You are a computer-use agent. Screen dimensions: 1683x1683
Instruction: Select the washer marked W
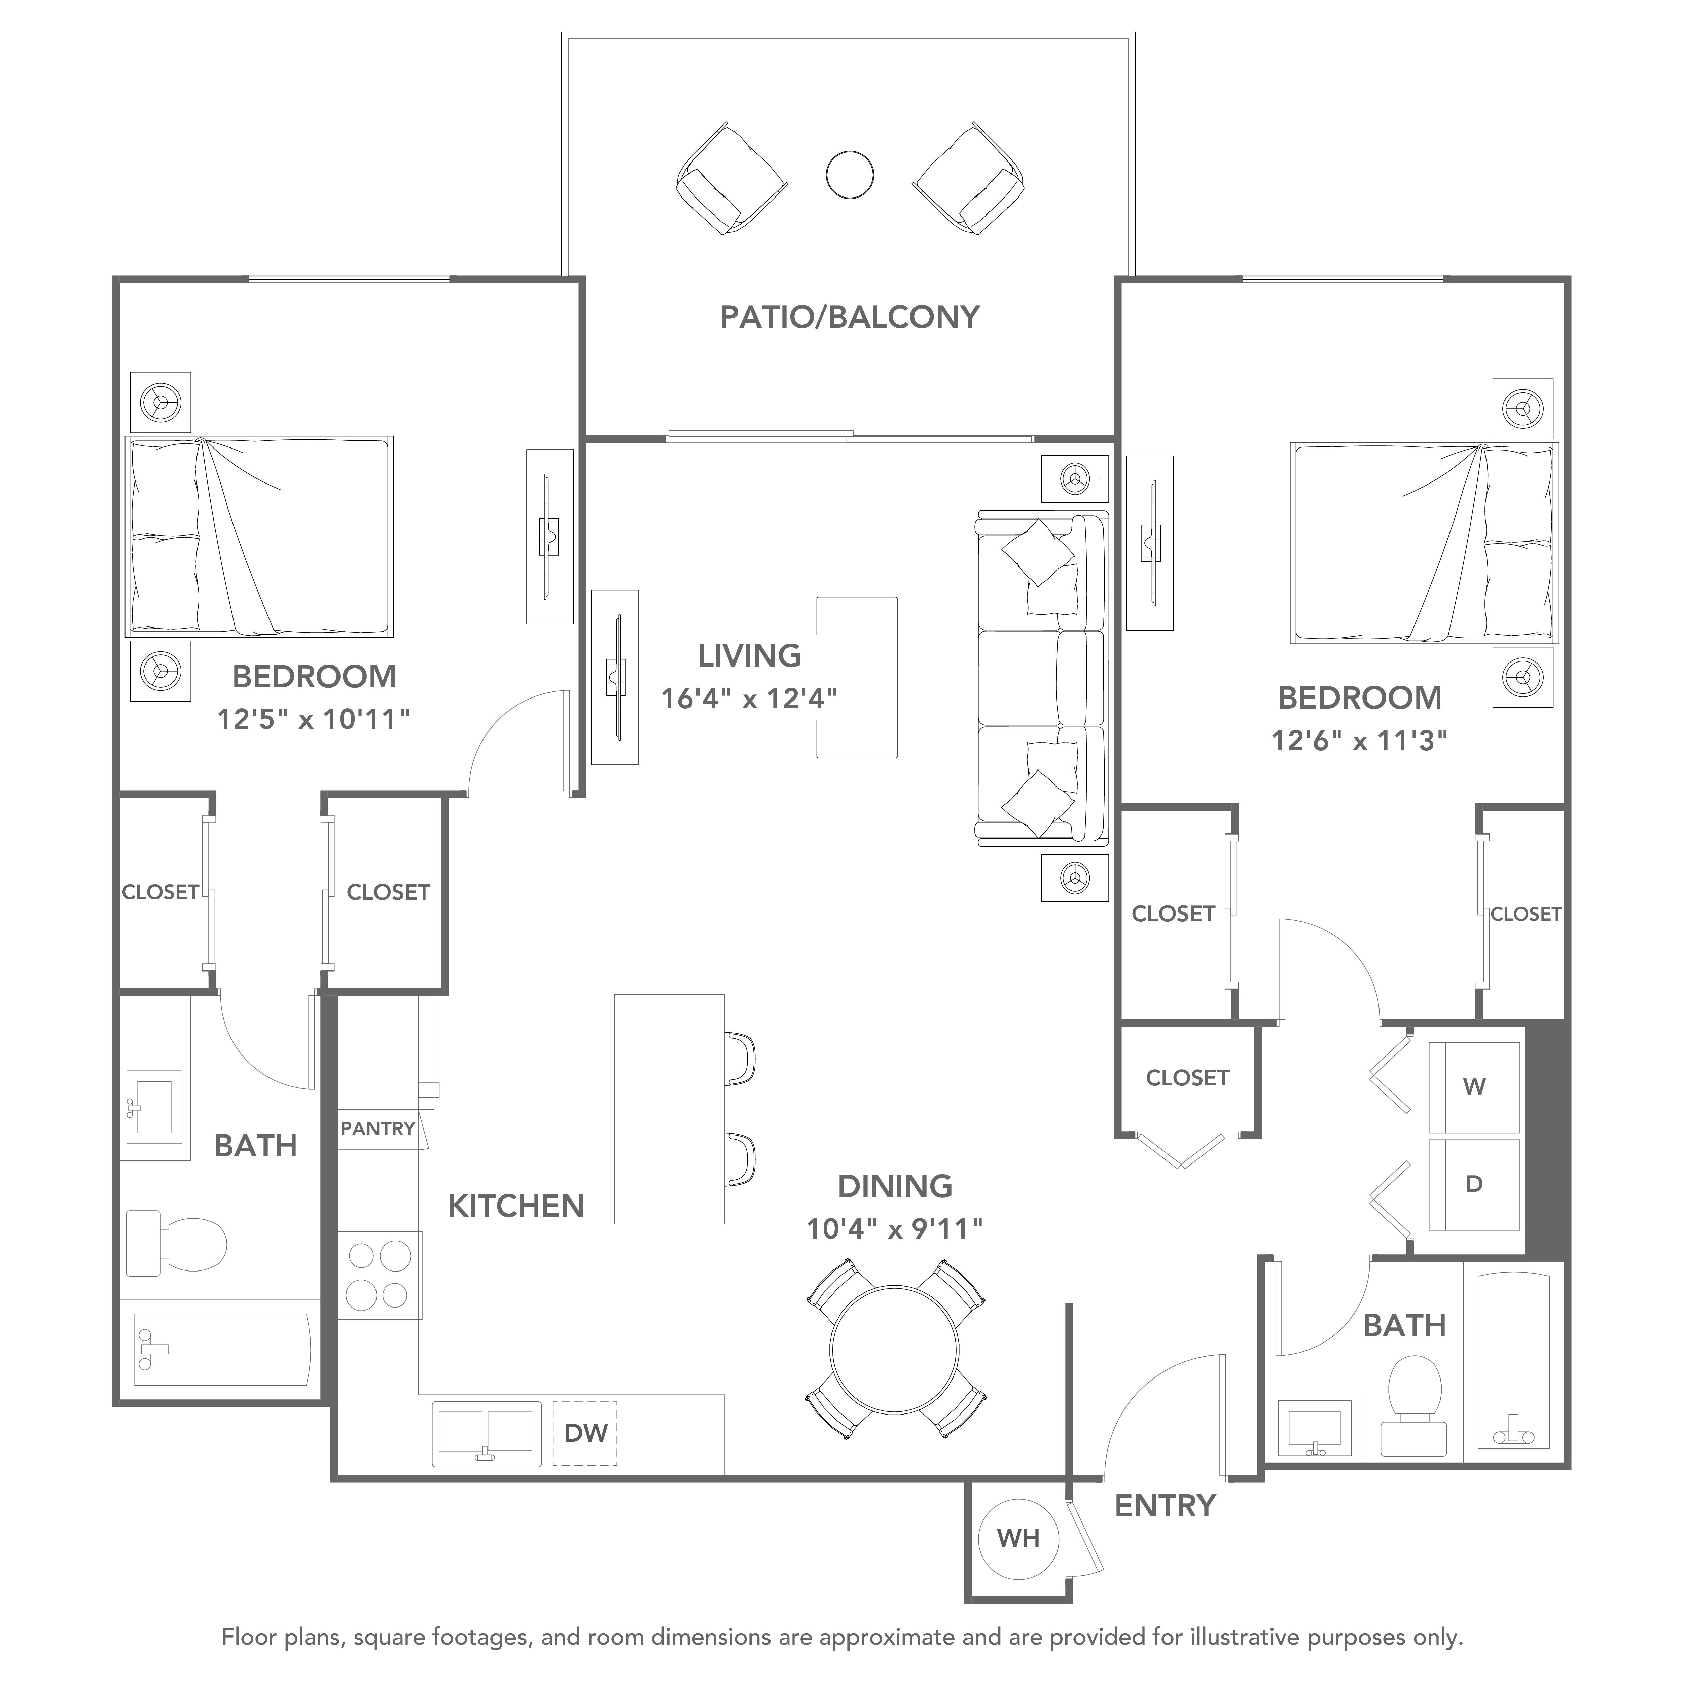click(1474, 1086)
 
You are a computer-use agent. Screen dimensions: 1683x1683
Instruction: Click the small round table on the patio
click(849, 174)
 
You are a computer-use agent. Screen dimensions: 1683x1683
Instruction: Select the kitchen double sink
click(485, 1433)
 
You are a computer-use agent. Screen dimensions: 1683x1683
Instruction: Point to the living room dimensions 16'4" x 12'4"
click(749, 699)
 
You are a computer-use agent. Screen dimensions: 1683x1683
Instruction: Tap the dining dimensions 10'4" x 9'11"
click(895, 1229)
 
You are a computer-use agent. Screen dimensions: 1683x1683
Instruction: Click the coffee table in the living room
click(856, 677)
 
